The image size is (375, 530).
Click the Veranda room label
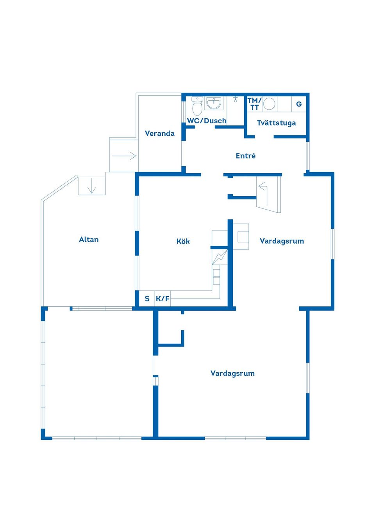(159, 133)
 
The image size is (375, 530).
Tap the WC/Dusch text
(207, 121)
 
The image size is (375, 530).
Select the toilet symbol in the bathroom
(197, 106)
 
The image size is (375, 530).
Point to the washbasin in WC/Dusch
(214, 103)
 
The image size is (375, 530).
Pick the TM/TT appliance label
(254, 104)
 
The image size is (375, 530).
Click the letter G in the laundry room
(299, 104)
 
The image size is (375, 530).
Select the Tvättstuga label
(276, 123)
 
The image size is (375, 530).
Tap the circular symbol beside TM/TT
(269, 104)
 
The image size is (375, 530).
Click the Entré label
(245, 156)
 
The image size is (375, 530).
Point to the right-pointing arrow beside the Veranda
(124, 156)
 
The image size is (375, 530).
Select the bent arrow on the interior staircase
(264, 191)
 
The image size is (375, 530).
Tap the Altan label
(89, 240)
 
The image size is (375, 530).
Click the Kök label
(183, 242)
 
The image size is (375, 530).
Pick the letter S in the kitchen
(147, 299)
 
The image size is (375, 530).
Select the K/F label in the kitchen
(162, 299)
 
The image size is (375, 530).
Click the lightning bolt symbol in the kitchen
(219, 257)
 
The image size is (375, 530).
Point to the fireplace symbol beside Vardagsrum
(241, 236)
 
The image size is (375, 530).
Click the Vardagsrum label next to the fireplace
(282, 241)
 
